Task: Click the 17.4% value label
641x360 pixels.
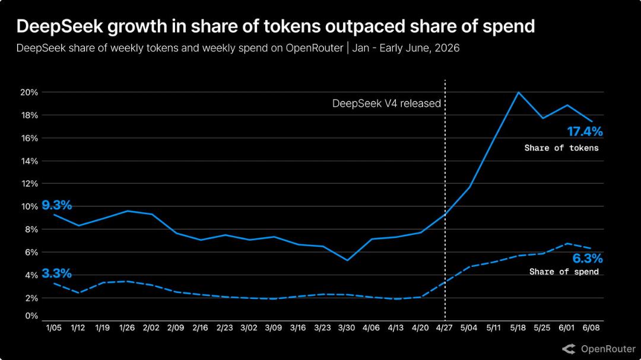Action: [x=585, y=132]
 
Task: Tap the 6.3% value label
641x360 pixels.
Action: [x=587, y=258]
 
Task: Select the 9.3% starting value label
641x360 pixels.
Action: [x=57, y=205]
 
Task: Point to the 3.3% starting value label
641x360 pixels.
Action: [x=57, y=273]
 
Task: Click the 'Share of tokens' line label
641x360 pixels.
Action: [x=561, y=148]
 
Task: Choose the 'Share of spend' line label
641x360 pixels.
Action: [x=564, y=272]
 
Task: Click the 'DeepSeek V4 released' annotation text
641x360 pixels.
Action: [x=386, y=103]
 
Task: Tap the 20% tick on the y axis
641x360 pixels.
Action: [x=29, y=93]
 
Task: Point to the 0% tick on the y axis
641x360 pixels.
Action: [x=31, y=316]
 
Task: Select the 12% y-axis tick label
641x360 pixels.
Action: [x=29, y=184]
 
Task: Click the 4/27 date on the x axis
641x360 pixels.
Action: [x=445, y=328]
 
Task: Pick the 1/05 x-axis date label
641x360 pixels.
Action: [x=53, y=328]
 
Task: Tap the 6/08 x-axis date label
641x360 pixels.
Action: [x=591, y=328]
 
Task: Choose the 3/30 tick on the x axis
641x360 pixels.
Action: [x=347, y=328]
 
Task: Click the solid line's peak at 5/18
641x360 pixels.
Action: [x=518, y=93]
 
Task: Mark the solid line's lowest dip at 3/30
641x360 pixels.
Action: [x=347, y=260]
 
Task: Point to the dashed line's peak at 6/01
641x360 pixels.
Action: [x=567, y=244]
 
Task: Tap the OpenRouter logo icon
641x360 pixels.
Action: [x=569, y=349]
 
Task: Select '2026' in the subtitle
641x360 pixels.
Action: [x=448, y=48]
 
